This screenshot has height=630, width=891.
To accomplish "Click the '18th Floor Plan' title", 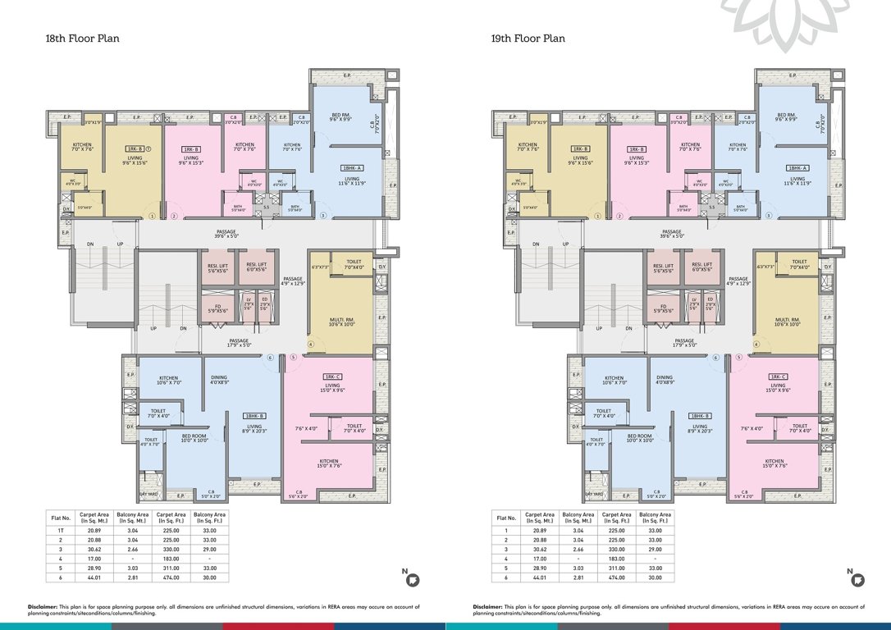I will [x=83, y=39].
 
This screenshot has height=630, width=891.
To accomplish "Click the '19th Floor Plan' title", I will [x=528, y=39].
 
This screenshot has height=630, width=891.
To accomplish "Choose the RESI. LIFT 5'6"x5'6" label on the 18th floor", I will [x=216, y=267].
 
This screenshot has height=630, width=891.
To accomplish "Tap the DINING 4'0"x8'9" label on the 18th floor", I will [x=218, y=380].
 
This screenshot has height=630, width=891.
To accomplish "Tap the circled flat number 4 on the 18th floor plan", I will [x=311, y=344].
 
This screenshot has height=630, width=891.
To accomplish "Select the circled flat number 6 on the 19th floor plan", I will [x=716, y=357].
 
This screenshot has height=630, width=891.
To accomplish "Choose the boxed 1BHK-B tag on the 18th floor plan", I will [x=254, y=416].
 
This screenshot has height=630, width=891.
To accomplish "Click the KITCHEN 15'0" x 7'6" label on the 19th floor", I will [x=774, y=463].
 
